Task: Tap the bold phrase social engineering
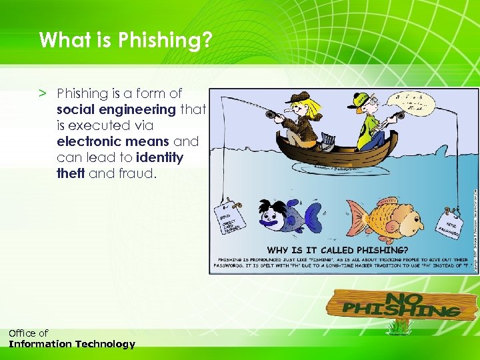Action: (x=116, y=109)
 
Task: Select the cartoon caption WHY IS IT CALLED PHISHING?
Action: (x=349, y=250)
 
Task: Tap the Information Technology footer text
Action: (x=71, y=345)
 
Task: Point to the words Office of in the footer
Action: (x=28, y=333)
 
